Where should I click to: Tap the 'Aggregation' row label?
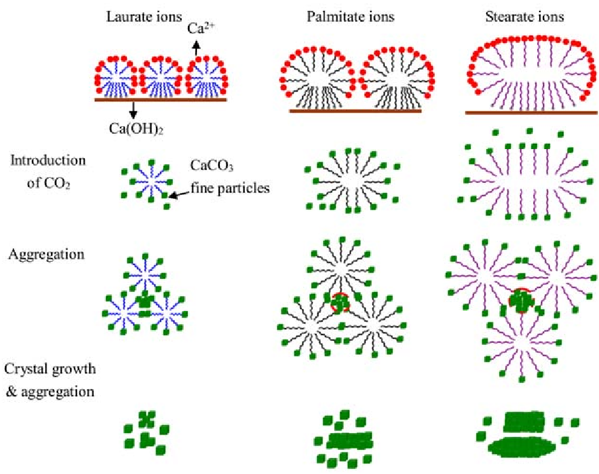pos(47,254)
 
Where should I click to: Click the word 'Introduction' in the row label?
pos(48,159)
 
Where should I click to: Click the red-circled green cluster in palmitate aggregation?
pos(340,303)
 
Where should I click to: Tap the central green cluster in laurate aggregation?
pos(146,303)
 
